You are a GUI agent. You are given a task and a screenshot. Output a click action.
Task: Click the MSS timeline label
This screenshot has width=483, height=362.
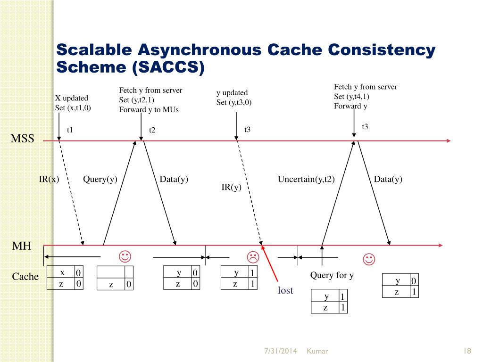pos(23,139)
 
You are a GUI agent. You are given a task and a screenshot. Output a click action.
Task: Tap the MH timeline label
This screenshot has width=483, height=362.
pos(22,246)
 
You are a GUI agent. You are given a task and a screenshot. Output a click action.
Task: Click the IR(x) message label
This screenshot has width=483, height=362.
pos(49,179)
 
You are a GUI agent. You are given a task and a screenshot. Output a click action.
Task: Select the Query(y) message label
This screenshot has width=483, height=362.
pos(100,179)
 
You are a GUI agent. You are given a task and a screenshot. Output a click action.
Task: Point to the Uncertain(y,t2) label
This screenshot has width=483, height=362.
pos(306,179)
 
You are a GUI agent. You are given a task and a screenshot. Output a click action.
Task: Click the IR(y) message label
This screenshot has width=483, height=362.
pos(231,187)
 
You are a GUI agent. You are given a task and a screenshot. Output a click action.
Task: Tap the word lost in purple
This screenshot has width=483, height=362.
pos(285,290)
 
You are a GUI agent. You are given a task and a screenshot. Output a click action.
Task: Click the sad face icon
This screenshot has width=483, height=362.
pos(253,257)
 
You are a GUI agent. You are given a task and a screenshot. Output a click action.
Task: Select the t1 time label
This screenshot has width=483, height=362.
pos(70,130)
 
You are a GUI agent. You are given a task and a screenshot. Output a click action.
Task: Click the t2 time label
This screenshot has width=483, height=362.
pos(152,130)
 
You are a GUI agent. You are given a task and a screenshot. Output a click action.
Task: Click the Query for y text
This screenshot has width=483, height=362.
pos(332,275)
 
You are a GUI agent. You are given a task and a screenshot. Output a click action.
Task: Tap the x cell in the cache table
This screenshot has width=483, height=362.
pos(62,273)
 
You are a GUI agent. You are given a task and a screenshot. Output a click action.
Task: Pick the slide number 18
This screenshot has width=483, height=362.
pos(468,351)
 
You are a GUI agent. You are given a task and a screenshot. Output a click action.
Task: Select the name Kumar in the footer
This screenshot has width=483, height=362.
pos(317,351)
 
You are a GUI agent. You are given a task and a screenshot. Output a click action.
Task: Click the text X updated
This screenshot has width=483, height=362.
pos(72,98)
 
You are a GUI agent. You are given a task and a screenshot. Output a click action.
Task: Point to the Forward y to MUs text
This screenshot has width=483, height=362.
pos(149,110)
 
